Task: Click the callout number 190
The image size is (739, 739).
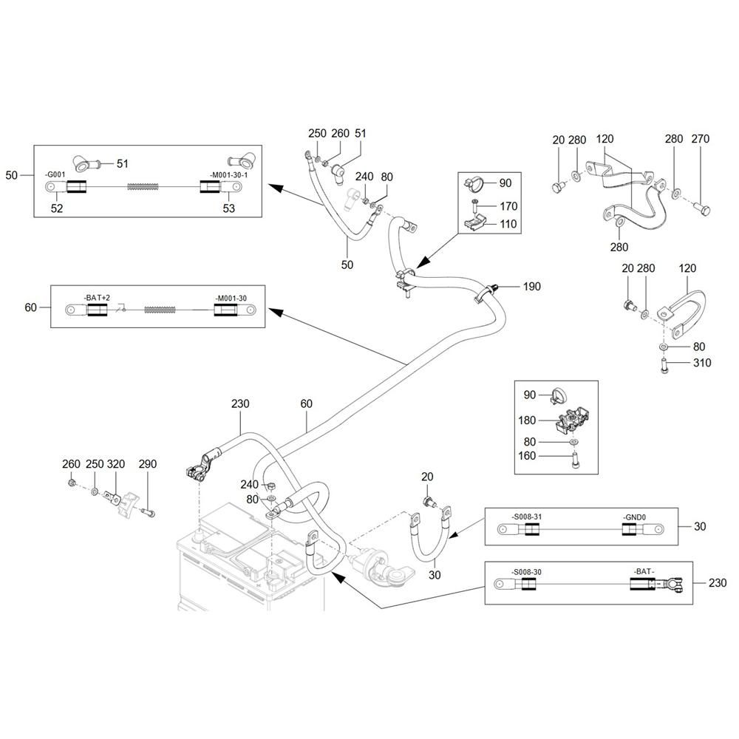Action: tap(532, 286)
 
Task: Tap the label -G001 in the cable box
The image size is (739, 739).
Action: tap(56, 175)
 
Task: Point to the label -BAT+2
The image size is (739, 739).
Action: tap(97, 298)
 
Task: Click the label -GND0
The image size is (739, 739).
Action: tap(634, 516)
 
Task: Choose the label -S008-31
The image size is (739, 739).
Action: tap(527, 516)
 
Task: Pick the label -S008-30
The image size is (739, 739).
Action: tap(527, 572)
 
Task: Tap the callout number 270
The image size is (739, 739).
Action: tap(700, 139)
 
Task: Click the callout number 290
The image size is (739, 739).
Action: tap(148, 464)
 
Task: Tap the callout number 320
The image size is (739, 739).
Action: tap(116, 464)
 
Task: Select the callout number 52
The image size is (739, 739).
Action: tap(57, 209)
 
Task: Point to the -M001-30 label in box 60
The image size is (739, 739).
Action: tap(231, 298)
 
